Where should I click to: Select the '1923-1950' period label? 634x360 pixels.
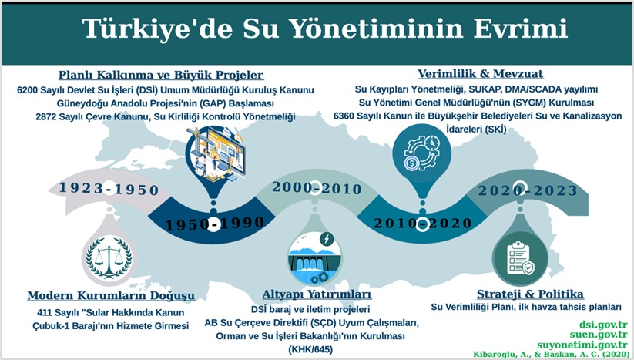(x=109, y=189)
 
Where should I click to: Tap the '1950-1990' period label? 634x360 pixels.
(x=210, y=223)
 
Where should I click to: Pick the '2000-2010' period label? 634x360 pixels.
(x=317, y=189)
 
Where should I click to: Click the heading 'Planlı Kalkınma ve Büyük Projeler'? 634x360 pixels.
(x=162, y=76)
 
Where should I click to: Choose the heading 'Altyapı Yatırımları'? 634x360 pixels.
(x=317, y=295)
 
